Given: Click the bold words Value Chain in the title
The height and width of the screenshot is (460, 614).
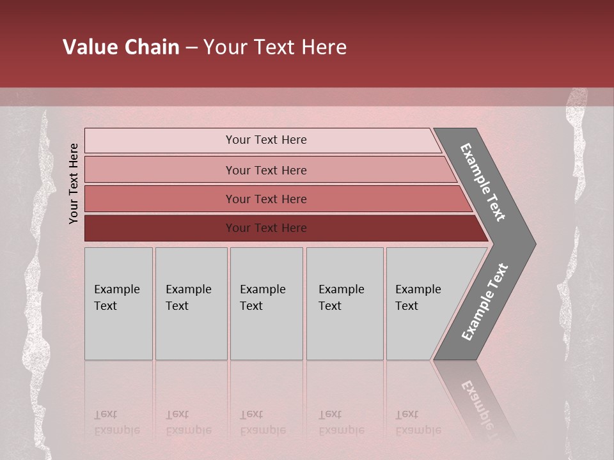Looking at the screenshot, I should click(121, 47).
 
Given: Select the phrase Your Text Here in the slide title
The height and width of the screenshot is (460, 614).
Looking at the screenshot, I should click(275, 47).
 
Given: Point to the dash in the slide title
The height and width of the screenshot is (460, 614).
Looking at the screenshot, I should click(191, 48).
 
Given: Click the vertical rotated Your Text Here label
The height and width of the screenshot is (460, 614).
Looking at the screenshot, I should click(74, 183).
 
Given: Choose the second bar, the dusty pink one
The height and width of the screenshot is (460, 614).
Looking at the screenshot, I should click(266, 170).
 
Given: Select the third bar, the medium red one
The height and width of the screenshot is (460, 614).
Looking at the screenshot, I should click(266, 199).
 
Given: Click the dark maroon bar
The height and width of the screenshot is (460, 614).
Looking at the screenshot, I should click(266, 228).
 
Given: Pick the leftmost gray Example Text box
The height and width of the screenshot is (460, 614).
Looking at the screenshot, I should click(118, 303).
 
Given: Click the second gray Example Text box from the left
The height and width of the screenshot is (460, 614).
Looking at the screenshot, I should click(191, 303).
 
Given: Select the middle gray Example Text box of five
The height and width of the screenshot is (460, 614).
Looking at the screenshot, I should click(266, 303).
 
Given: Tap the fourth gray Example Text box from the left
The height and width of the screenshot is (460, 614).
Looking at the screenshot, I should click(345, 303).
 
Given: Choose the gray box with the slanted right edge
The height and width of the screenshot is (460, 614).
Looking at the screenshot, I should click(422, 303).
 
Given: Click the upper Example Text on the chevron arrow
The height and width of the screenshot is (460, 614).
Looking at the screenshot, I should click(484, 182).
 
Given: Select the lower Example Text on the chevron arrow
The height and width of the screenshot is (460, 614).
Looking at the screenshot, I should click(485, 302).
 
